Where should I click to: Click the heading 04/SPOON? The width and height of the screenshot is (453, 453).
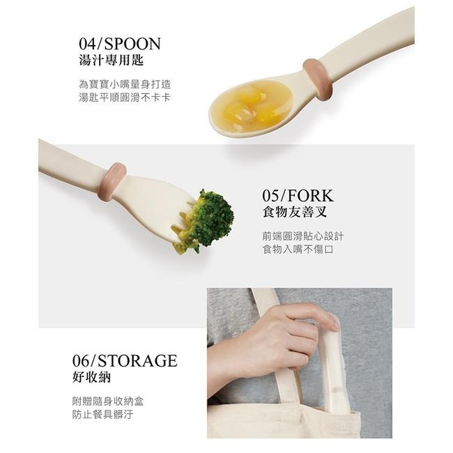pyautogui.click(x=119, y=45)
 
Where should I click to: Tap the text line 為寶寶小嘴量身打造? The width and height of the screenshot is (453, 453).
pyautogui.click(x=124, y=84)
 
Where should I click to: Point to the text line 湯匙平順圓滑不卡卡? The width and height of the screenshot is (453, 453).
pyautogui.click(x=124, y=97)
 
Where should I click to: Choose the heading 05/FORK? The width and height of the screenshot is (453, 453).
pyautogui.click(x=298, y=195)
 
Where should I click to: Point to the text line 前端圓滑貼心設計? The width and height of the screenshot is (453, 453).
pyautogui.click(x=302, y=236)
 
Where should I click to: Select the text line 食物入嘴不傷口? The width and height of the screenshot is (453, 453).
pyautogui.click(x=298, y=249)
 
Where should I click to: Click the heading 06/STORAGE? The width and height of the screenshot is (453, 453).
pyautogui.click(x=125, y=361)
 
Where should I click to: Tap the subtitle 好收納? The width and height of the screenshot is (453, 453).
pyautogui.click(x=91, y=378)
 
